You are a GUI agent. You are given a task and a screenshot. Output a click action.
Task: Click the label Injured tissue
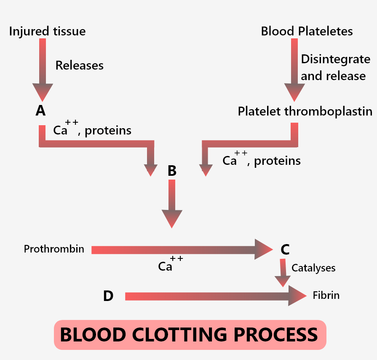[47, 31]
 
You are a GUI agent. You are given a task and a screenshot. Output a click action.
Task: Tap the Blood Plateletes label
[307, 31]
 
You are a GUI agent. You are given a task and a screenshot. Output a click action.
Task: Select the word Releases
[79, 65]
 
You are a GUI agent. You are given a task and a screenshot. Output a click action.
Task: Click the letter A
[40, 111]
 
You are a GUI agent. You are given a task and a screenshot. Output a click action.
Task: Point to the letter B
[172, 171]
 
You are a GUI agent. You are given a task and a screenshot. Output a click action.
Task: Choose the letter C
[285, 250]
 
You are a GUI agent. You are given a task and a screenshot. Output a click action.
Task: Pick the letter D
[108, 296]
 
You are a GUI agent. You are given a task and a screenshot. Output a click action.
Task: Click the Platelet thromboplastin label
[305, 111]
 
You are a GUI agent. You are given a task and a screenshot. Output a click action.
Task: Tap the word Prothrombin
[54, 249]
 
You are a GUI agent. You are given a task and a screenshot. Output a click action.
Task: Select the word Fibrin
[326, 295]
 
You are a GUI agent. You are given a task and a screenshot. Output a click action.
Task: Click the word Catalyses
[313, 268]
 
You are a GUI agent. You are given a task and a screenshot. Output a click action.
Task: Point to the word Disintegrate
[335, 59]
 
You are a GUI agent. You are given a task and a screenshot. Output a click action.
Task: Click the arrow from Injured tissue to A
[43, 67]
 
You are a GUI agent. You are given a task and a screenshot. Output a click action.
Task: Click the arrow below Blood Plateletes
[294, 67]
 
